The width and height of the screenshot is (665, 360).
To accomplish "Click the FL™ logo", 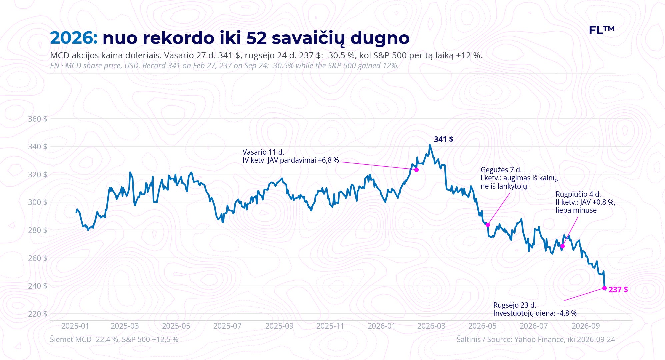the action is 602,30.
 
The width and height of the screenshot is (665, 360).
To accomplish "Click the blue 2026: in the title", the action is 74,38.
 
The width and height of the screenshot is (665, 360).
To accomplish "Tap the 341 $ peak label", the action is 443,139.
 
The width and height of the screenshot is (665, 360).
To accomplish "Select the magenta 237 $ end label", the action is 618,290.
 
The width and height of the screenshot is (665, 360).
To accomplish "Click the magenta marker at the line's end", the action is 604,288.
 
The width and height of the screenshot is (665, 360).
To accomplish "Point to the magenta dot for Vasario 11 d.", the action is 416,170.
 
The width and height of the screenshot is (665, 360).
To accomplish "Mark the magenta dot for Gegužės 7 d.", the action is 488,225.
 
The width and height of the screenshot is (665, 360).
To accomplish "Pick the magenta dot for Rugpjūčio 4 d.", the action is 562,246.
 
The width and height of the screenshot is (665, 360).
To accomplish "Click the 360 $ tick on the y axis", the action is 37,119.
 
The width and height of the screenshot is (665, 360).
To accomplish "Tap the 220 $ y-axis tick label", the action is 37,314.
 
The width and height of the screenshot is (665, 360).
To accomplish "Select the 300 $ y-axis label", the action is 37,202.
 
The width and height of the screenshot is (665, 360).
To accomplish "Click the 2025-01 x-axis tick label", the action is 75,326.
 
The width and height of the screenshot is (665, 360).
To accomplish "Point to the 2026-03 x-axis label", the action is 431,326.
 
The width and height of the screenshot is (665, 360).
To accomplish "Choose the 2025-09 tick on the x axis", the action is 279,326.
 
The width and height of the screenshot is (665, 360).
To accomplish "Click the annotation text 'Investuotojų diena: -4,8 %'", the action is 535,313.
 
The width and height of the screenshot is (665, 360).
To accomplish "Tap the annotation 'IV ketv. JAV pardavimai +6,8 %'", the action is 291,160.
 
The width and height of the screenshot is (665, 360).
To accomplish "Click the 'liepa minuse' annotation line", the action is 576,210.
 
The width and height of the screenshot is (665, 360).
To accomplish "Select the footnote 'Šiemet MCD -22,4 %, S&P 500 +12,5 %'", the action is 114,339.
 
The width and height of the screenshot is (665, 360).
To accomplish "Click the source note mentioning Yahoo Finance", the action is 536,339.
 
